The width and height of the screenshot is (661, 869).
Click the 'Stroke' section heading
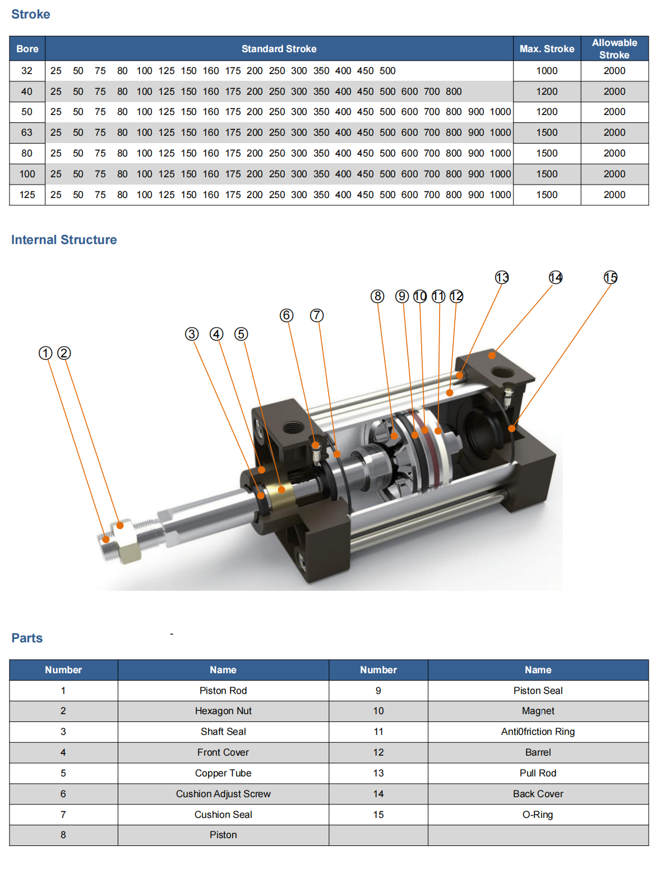pyautogui.click(x=31, y=15)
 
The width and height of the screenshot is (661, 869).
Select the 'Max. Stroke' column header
pyautogui.click(x=547, y=49)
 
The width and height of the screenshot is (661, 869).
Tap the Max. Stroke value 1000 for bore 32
pyautogui.click(x=547, y=71)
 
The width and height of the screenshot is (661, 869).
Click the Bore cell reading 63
pyautogui.click(x=27, y=132)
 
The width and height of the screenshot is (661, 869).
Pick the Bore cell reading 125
pyautogui.click(x=27, y=195)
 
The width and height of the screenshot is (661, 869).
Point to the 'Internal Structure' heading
pyautogui.click(x=64, y=240)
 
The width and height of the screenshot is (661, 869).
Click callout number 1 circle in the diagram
pyautogui.click(x=45, y=353)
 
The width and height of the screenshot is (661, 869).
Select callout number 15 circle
pyautogui.click(x=611, y=277)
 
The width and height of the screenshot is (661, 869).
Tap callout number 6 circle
pyautogui.click(x=286, y=315)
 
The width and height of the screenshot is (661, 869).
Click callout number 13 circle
pyautogui.click(x=502, y=277)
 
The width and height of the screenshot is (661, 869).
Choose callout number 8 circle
pyautogui.click(x=377, y=296)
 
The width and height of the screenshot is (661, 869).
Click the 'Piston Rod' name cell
pyautogui.click(x=223, y=691)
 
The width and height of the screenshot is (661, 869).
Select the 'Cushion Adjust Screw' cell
pyautogui.click(x=223, y=794)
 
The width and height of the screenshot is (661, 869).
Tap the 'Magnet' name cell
pyautogui.click(x=538, y=711)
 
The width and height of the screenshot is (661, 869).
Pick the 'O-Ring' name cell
pyautogui.click(x=538, y=815)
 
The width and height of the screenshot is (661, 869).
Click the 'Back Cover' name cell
pyautogui.click(x=538, y=794)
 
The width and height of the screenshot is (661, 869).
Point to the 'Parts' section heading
pyautogui.click(x=27, y=638)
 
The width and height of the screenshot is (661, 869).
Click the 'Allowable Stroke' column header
pyautogui.click(x=614, y=49)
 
